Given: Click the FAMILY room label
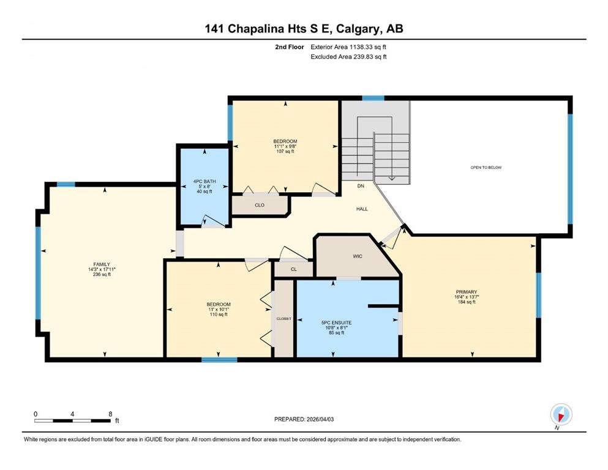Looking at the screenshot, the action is (102, 264).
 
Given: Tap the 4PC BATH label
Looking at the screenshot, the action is (205, 181).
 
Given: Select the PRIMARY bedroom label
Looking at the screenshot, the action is (467, 292).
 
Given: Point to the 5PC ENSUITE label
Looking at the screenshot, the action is (336, 323).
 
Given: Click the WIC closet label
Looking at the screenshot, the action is (358, 256).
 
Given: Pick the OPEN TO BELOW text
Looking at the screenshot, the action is (486, 168).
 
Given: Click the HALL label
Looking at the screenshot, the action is (362, 209).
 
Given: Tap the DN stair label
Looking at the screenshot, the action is (361, 186).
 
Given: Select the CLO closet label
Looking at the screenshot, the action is (260, 205).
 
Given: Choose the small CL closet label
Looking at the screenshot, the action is (293, 269).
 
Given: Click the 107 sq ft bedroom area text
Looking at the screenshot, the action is (285, 152).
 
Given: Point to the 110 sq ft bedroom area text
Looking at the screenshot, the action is (219, 314).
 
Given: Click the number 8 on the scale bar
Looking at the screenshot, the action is (110, 414).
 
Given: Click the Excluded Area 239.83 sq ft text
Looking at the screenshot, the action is (348, 56).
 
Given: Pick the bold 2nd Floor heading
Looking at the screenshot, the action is (289, 47).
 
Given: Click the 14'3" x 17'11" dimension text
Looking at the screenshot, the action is (102, 269).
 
